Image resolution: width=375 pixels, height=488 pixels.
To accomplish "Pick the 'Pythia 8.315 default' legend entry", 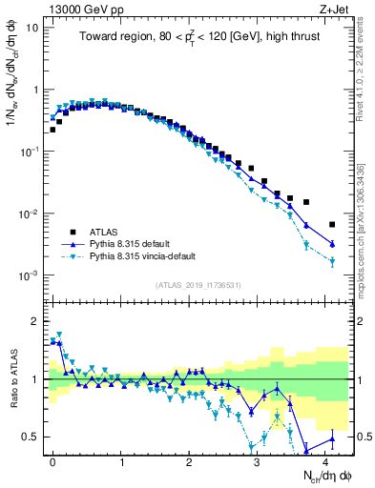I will [x=137, y=244].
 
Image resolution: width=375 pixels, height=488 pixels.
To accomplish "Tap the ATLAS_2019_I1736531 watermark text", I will [x=198, y=285].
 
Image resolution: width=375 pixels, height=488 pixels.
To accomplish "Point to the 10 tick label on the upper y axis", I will [x=33, y=27].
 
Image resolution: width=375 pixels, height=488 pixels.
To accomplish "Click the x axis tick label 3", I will [x=257, y=461].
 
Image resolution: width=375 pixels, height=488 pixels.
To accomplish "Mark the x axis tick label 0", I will [x=52, y=461].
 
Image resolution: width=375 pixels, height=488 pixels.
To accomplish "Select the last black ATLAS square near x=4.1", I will [x=332, y=225].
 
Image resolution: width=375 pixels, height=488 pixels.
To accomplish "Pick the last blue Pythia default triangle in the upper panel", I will [x=332, y=244].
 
